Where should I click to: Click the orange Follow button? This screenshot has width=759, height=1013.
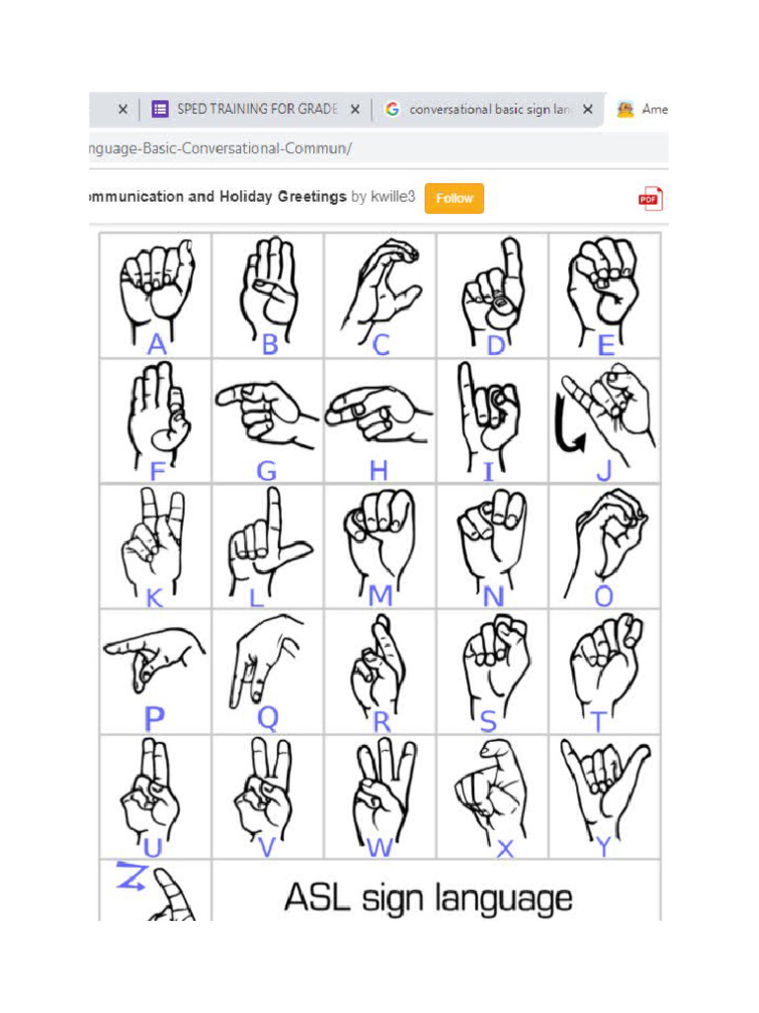click(454, 198)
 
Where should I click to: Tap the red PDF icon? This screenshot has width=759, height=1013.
click(649, 199)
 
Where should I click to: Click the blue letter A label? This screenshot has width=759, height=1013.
click(156, 344)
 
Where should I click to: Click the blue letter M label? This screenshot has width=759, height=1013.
click(379, 596)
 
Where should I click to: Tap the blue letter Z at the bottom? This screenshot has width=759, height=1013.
click(129, 875)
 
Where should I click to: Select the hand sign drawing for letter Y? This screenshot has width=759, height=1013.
click(605, 786)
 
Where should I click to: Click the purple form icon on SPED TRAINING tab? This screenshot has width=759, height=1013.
click(160, 109)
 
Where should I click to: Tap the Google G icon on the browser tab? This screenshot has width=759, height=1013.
click(392, 109)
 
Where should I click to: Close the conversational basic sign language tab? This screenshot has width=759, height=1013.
click(587, 110)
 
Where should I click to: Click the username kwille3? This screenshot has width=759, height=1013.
click(393, 197)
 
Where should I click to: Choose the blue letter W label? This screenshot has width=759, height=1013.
click(379, 847)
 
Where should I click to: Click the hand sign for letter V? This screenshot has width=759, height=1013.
click(265, 786)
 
